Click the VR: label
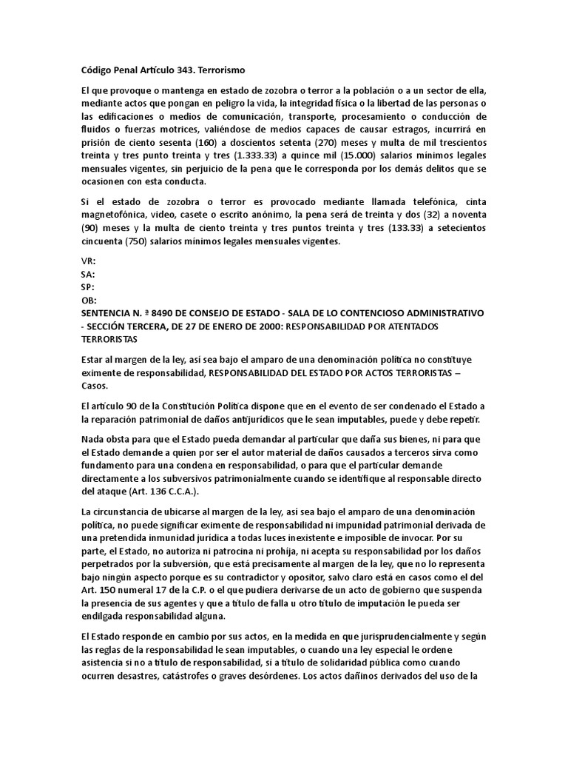click(88, 261)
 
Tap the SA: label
click(87, 274)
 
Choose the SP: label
click(87, 287)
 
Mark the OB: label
click(88, 301)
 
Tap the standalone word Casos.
click(95, 386)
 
